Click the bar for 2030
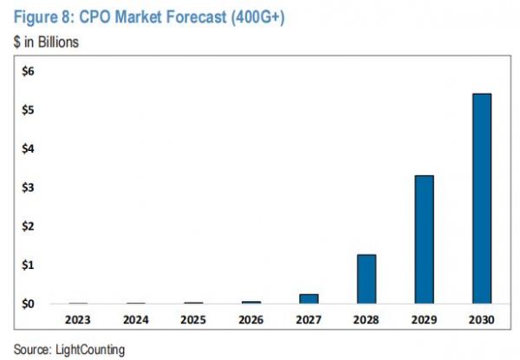[x=482, y=199]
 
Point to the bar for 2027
[x=309, y=298]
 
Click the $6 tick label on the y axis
[x=29, y=71]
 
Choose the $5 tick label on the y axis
[x=29, y=110]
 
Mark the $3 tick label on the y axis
[x=29, y=187]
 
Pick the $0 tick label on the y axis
[x=29, y=304]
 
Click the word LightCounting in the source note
[x=89, y=349]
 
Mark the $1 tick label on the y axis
[x=29, y=265]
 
